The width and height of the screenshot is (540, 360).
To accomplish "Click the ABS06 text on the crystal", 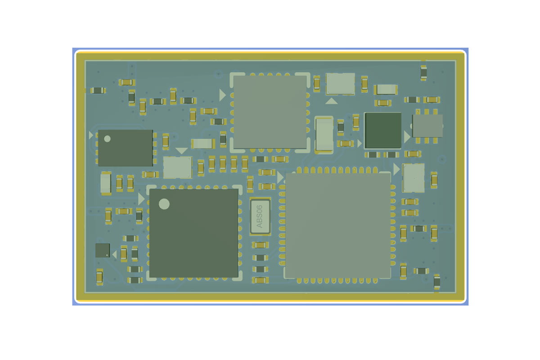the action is click(260, 216).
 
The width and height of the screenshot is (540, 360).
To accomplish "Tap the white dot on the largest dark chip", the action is click(164, 204).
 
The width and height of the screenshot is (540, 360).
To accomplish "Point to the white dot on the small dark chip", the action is click(107, 139).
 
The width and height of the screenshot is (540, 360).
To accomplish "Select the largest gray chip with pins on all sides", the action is click(337, 225).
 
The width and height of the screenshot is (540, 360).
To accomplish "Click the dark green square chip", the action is click(383, 130).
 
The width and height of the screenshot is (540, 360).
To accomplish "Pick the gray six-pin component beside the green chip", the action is click(427, 126).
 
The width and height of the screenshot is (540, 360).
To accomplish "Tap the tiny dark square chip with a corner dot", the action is click(103, 250).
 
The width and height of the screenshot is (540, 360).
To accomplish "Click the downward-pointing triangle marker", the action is click(181, 151).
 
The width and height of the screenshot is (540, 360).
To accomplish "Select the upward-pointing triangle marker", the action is click(332, 101).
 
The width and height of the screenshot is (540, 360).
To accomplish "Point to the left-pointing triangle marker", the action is click(115, 254).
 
